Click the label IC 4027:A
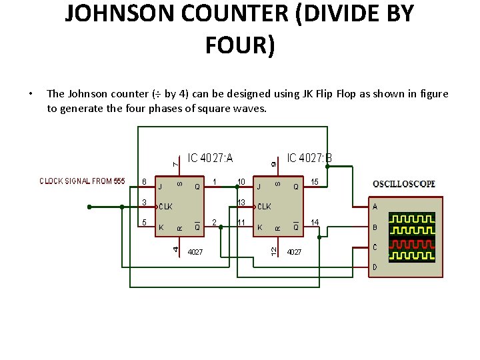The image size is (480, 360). (211, 158)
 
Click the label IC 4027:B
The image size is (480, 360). (309, 158)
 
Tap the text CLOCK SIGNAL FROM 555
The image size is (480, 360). (82, 181)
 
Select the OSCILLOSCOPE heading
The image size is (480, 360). (403, 183)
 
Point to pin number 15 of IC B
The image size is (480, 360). (315, 181)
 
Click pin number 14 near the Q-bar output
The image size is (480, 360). (315, 222)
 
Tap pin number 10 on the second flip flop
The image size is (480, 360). (241, 181)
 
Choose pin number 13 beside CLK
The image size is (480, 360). (241, 202)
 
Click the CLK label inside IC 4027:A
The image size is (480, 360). (165, 207)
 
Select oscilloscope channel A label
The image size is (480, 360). (375, 207)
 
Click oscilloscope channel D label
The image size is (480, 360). (375, 267)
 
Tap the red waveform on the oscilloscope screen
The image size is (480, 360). (412, 243)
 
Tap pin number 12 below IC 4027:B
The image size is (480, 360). (273, 250)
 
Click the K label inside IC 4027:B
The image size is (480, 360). (260, 227)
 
